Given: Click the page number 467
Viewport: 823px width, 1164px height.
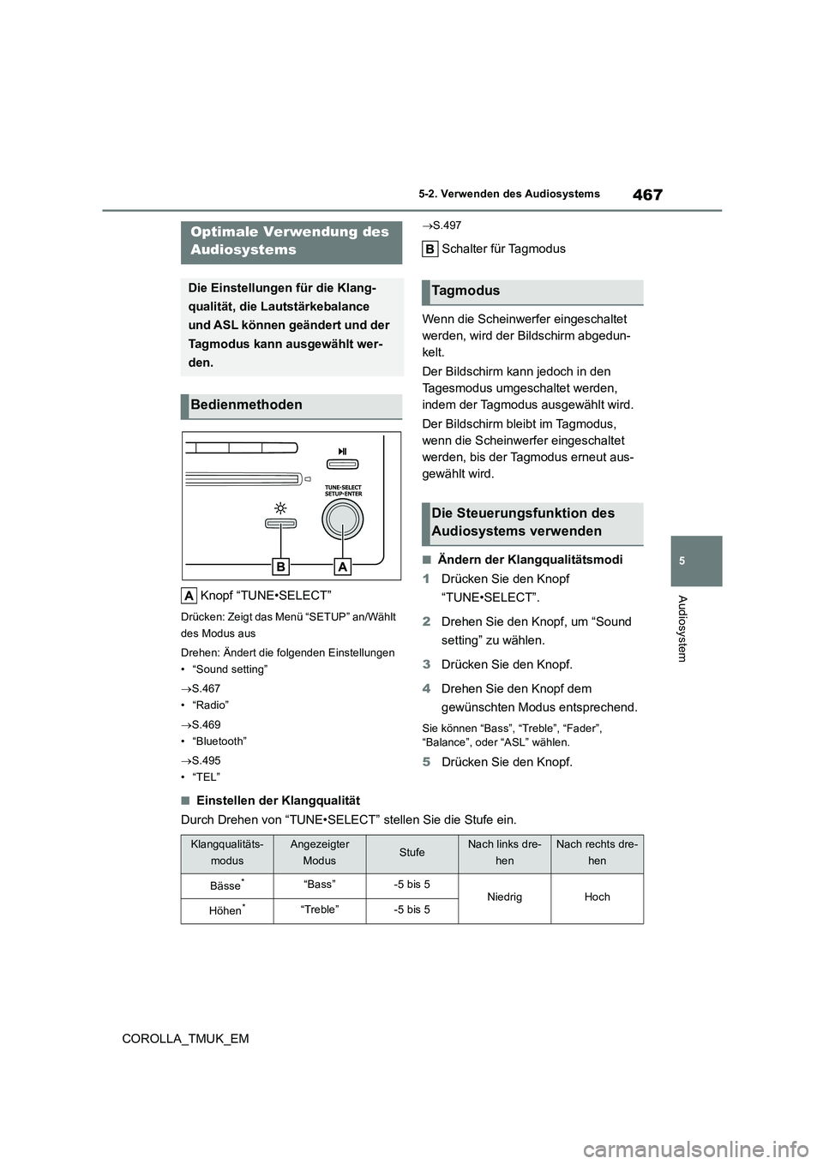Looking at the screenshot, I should (647, 195).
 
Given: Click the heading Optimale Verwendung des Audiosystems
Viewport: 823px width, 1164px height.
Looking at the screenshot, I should (290, 241).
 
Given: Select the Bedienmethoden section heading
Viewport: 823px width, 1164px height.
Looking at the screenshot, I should (247, 405).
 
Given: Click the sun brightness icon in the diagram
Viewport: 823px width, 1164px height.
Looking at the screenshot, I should (280, 507).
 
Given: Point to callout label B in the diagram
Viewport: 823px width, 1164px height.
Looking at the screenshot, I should (280, 567).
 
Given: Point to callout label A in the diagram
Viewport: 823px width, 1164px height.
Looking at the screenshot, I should (343, 567).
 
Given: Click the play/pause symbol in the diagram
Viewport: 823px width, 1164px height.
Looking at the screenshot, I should (343, 451).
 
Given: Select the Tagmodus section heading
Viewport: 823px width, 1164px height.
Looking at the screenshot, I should (466, 291).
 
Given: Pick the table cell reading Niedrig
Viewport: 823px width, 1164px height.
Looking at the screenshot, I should (504, 897).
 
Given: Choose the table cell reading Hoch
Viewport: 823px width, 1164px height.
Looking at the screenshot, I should (597, 897).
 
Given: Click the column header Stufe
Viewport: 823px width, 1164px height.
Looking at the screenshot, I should (411, 853).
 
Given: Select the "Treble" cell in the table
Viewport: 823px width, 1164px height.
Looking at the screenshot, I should (320, 909).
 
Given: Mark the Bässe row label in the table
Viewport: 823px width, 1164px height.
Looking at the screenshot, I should (226, 885).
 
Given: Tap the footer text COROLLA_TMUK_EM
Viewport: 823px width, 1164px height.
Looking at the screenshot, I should (185, 1038).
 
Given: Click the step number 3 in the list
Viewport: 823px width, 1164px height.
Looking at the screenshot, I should (426, 664).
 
